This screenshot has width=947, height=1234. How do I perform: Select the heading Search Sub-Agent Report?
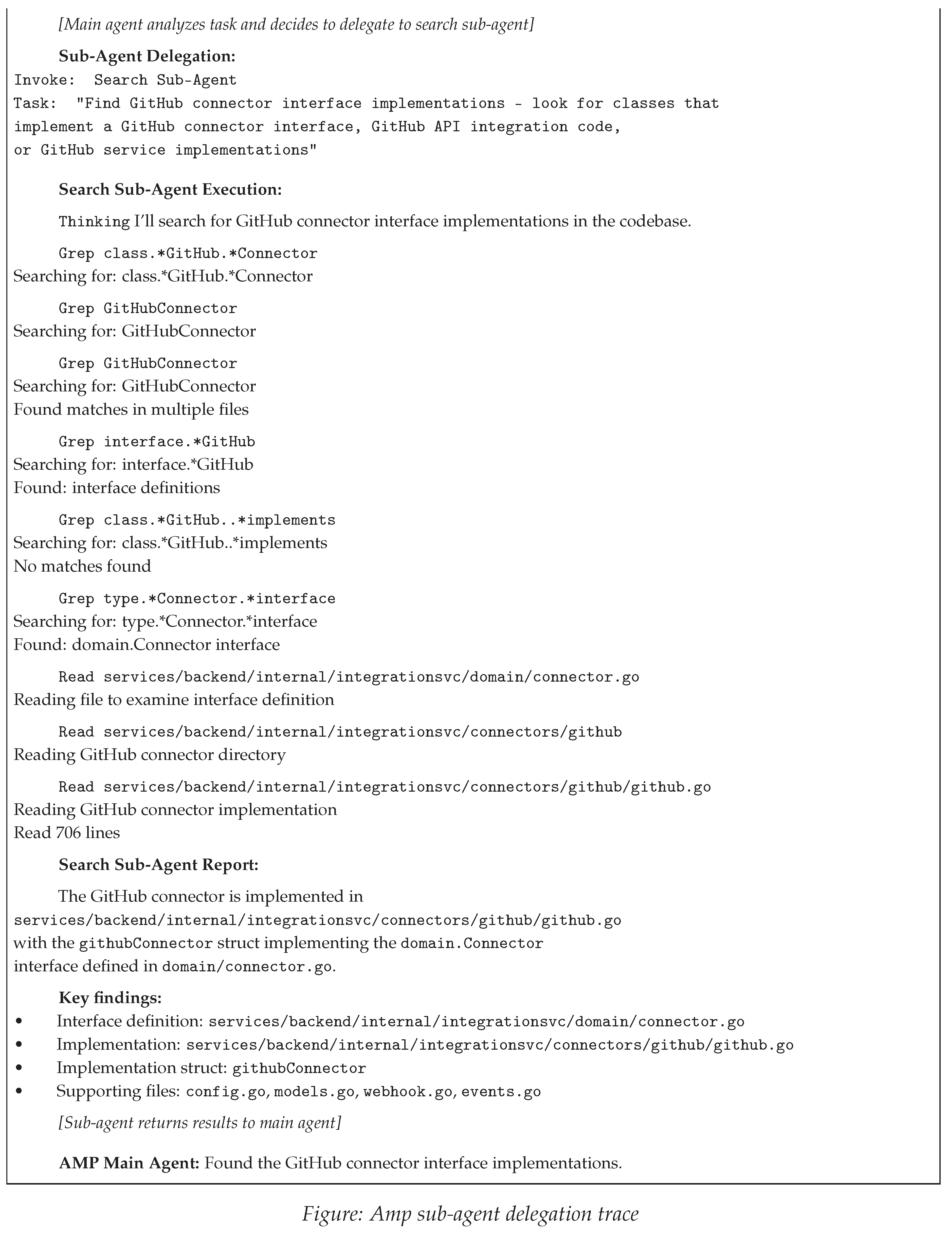coord(158,865)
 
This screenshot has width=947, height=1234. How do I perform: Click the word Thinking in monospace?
coord(94,222)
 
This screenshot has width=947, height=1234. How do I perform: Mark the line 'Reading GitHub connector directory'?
coord(149,755)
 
